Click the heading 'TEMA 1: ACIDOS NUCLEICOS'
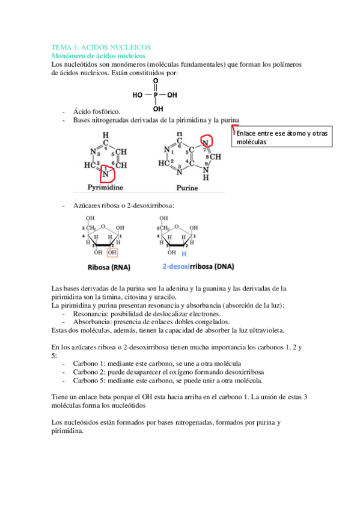pos(101,47)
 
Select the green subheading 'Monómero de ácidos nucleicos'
pos(97,55)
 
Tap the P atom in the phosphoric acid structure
pos(155,95)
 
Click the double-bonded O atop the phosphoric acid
pos(156,81)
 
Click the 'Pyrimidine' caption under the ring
pos(105,187)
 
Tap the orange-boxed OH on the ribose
pos(112,253)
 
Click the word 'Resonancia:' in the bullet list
pos(92,314)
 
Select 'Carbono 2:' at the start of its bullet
pos(90,372)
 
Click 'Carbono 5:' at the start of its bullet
pos(90,381)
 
